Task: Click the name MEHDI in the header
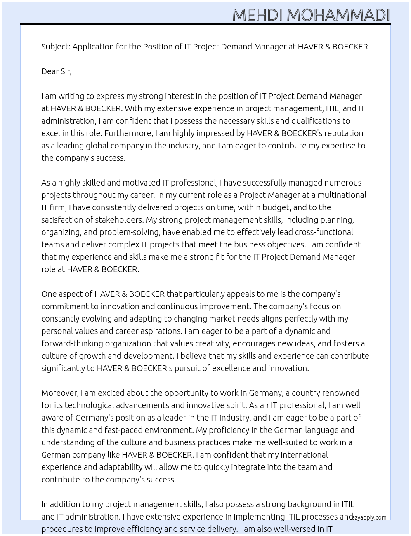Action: pos(257,15)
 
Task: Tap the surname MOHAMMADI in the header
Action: pos(338,15)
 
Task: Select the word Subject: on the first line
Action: pos(56,47)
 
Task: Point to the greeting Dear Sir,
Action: pos(56,71)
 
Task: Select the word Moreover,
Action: pos(60,393)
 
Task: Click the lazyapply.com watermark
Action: pos(368,517)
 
